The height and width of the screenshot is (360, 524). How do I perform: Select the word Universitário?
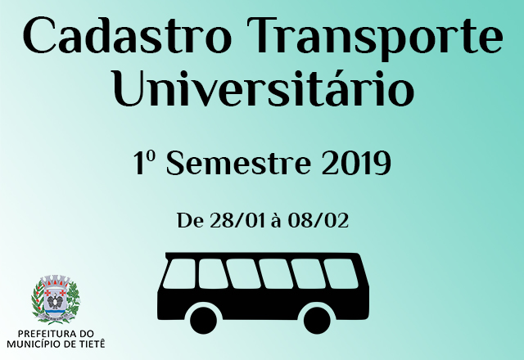[262, 90]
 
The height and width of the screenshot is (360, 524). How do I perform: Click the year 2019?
[355, 164]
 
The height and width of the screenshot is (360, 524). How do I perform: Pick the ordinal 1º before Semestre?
[146, 164]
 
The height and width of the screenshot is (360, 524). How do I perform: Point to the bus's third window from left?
[245, 273]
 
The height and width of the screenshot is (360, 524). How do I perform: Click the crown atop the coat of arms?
[55, 281]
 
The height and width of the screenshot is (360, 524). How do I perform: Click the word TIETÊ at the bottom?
[90, 344]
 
